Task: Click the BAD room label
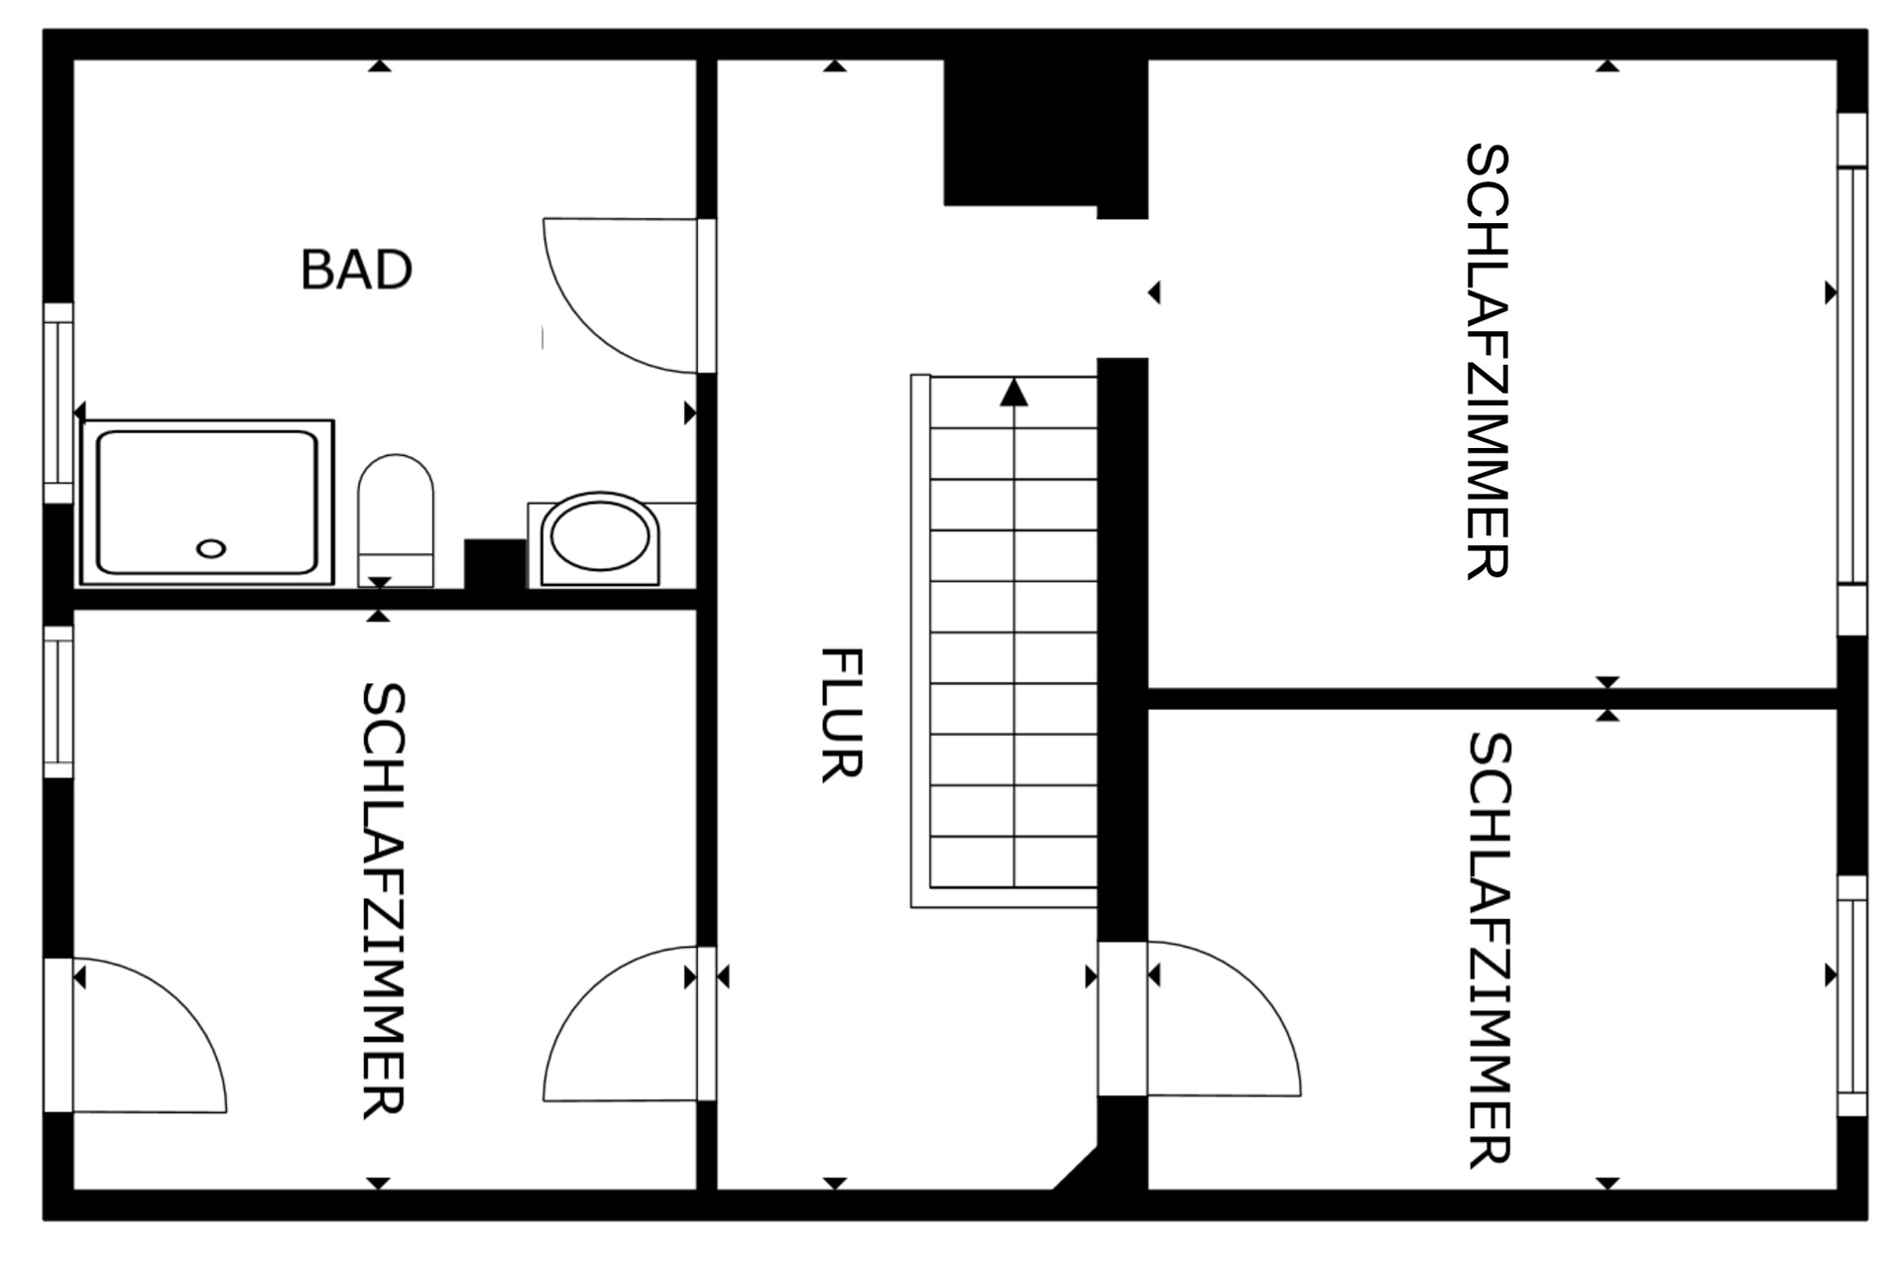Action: [356, 270]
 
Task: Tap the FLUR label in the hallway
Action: [842, 715]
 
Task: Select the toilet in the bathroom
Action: [396, 519]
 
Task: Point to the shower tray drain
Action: [211, 548]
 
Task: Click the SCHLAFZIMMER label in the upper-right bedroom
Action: [1487, 361]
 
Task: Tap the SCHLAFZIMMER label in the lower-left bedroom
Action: [383, 899]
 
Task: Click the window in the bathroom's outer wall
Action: [59, 402]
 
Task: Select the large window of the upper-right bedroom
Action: [1851, 375]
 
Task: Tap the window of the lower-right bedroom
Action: [1851, 995]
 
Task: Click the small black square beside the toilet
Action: [495, 564]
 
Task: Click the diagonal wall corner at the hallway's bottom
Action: [1075, 1168]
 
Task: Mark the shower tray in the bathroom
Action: [206, 502]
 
